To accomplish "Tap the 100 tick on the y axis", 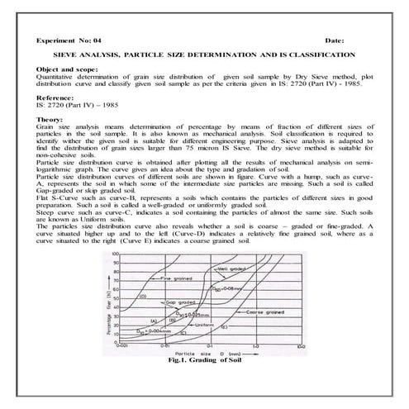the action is point(115,254).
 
